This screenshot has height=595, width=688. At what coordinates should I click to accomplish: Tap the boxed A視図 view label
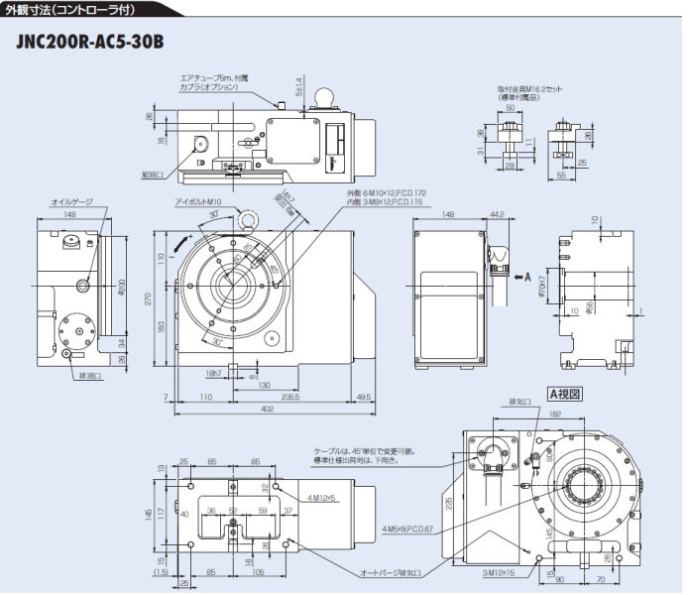tap(564, 394)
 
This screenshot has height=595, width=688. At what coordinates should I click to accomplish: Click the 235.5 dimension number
tap(291, 396)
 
